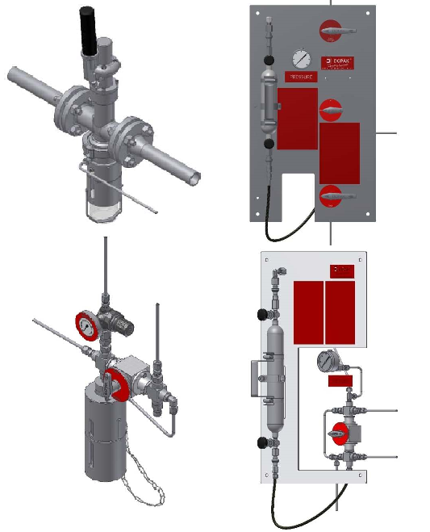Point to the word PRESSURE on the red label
[300, 77]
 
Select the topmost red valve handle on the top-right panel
[332, 32]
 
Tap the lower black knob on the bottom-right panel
[262, 442]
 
